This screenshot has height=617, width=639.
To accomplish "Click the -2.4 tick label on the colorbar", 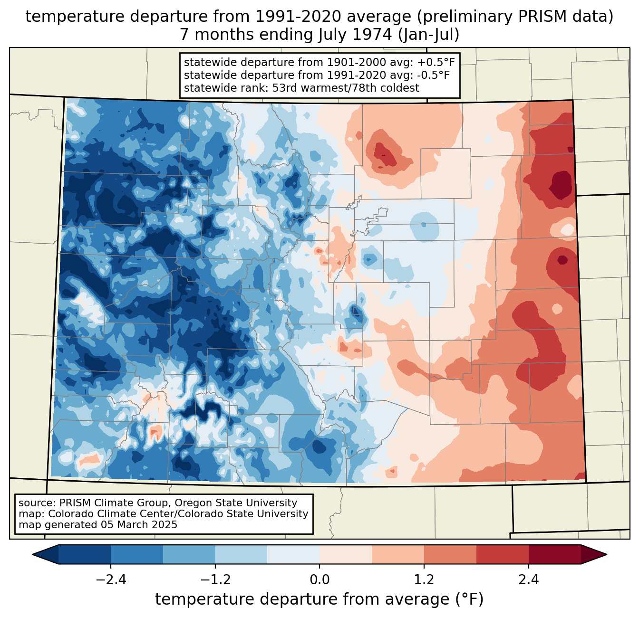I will pos(111,580).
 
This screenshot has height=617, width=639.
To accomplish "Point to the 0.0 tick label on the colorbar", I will pos(319,580).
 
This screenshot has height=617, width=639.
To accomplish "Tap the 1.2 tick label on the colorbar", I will pos(424,580).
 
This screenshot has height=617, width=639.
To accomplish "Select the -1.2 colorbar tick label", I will pos(215,580).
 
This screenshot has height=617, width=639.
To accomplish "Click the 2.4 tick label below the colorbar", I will pos(528,580).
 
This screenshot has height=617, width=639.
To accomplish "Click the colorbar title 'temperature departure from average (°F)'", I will pos(319,599).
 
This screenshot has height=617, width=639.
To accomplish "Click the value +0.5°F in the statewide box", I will pos(436,63).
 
